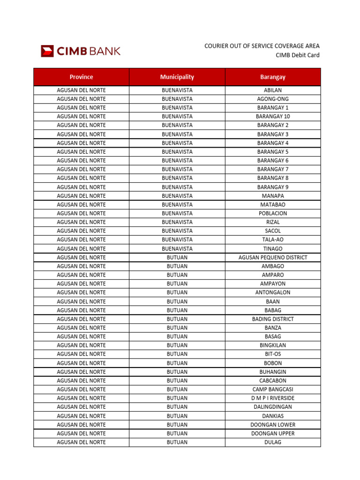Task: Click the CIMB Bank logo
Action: pos(81,51)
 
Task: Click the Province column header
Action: pos(81,77)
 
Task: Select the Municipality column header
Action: pos(177,77)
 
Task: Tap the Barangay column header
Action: pos(273,77)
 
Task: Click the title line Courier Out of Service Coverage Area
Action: pos(262,46)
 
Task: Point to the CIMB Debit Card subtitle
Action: pos(297,55)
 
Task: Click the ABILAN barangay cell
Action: pos(273,90)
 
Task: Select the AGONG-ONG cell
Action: pos(273,99)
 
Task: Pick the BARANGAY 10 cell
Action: pos(273,116)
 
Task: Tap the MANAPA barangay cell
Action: pos(273,195)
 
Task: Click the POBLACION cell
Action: pos(273,213)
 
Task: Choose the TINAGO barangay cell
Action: pos(273,248)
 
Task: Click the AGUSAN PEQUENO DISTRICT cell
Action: pos(273,257)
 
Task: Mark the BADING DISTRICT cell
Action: pos(273,319)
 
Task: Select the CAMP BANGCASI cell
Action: pos(273,390)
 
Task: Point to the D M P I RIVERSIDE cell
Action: pos(273,398)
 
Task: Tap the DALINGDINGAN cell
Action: pos(273,407)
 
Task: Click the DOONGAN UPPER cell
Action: pos(273,434)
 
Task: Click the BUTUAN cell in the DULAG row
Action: pos(177,442)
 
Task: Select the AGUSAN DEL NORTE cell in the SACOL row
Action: pos(81,231)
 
